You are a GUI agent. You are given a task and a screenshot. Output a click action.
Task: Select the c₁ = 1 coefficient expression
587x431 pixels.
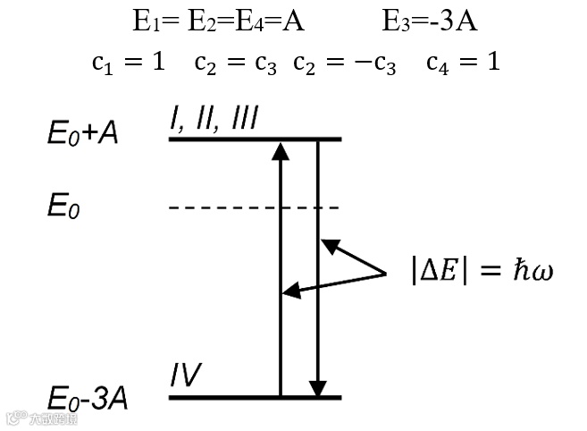coord(128,62)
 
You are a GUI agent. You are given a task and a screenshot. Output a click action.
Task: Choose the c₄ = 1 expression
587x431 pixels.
coord(463,62)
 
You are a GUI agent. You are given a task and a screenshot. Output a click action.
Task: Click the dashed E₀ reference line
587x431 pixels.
coord(254,208)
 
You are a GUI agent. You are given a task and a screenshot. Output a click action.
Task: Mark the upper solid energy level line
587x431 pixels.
coord(255,139)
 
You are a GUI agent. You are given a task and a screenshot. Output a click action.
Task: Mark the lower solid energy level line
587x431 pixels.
coord(255,396)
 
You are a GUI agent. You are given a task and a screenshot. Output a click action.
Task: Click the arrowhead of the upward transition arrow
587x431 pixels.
coord(281,149)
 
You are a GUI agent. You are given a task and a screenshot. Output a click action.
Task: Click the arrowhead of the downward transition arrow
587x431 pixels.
coord(317,388)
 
